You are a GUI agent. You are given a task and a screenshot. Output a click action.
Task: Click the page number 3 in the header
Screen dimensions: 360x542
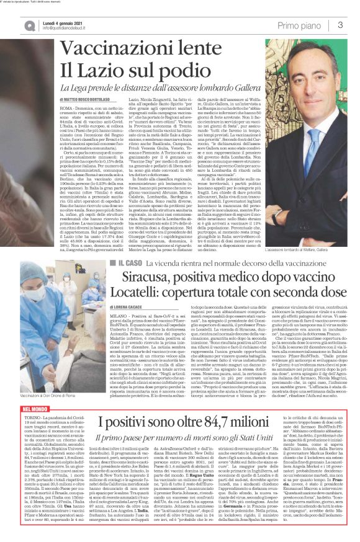click(x=341, y=25)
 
